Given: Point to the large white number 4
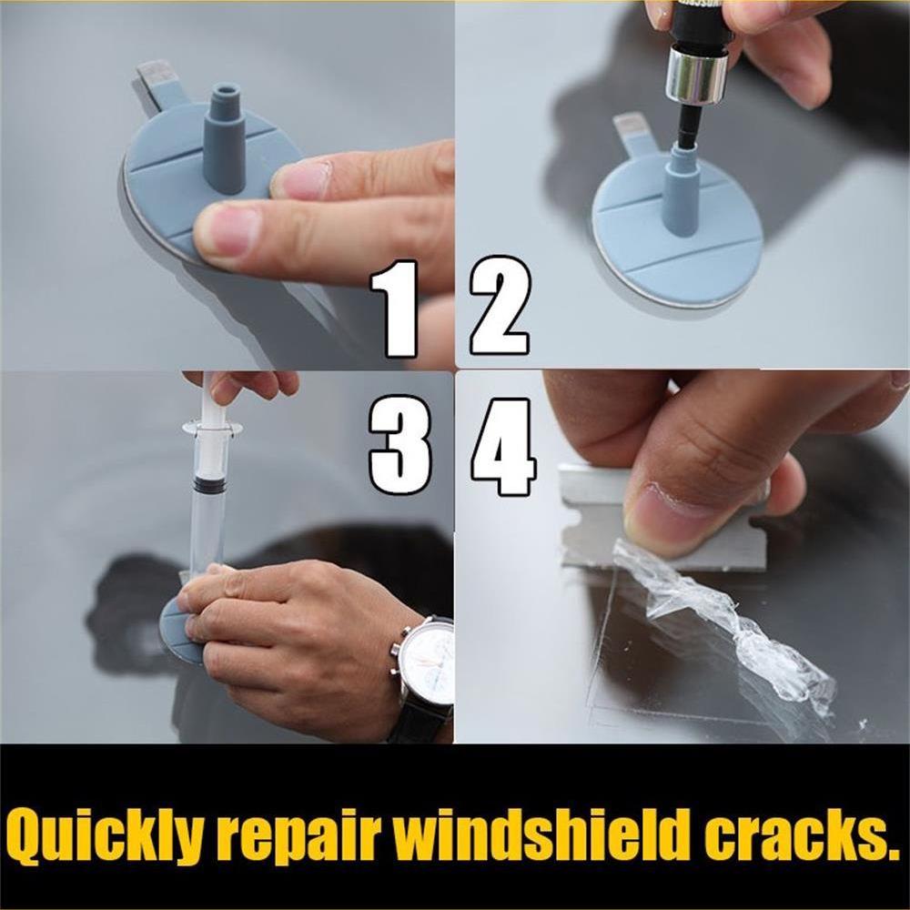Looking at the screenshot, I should click(503, 446).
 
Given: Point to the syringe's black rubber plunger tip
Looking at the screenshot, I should click(210, 484).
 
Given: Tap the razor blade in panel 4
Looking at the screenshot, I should click(655, 528).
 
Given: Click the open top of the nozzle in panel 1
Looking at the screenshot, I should click(225, 91).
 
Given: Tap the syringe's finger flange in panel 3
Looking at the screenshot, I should click(211, 427).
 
